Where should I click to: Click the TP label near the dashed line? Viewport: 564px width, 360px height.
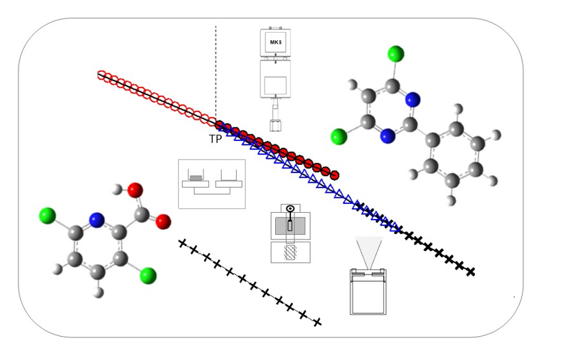click(x=215, y=138)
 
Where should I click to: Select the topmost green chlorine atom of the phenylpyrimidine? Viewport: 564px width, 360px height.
click(x=396, y=53)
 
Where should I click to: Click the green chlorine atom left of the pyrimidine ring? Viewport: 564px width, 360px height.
click(x=339, y=136)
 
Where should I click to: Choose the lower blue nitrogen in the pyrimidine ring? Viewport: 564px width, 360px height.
click(x=388, y=136)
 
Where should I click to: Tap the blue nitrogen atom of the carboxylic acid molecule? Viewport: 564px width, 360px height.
click(x=97, y=220)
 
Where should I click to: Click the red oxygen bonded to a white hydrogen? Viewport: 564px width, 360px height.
click(x=135, y=190)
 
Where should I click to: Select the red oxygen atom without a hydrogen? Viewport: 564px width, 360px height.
click(x=163, y=221)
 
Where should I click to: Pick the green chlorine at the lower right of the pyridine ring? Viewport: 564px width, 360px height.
click(x=148, y=276)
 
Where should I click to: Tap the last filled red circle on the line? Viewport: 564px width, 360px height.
click(x=334, y=175)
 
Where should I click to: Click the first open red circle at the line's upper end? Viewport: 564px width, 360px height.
click(x=101, y=75)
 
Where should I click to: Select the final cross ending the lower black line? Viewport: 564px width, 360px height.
click(x=317, y=322)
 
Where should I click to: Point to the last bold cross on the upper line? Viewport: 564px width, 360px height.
click(x=470, y=272)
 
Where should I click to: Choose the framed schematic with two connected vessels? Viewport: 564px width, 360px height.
click(x=211, y=183)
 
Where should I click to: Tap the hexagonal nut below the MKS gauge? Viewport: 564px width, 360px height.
click(x=276, y=125)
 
